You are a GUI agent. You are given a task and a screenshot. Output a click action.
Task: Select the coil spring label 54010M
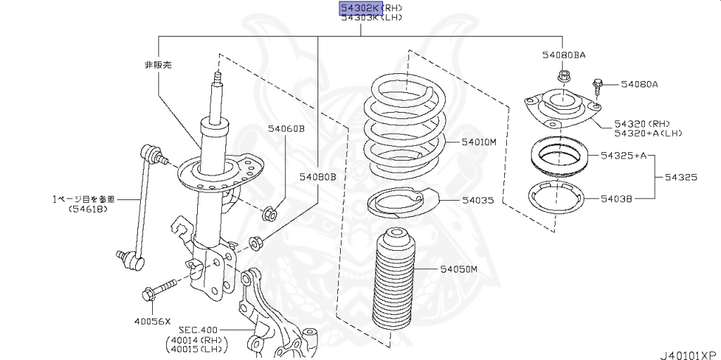[x=479, y=142]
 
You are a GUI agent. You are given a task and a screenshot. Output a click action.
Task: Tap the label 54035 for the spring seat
[x=477, y=201]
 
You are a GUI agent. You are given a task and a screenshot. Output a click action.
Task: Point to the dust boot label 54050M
[x=459, y=269]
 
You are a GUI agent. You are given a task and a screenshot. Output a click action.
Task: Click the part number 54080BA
[x=563, y=54]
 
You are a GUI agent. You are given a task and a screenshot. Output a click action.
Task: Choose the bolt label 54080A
[x=639, y=85]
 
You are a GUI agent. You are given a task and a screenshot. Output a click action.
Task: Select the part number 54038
[x=616, y=199]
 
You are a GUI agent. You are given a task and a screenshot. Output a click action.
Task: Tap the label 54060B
[x=286, y=129]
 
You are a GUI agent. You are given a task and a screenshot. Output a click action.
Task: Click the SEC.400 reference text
[x=199, y=329]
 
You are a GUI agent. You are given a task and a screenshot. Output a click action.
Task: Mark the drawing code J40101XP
[x=688, y=354]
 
